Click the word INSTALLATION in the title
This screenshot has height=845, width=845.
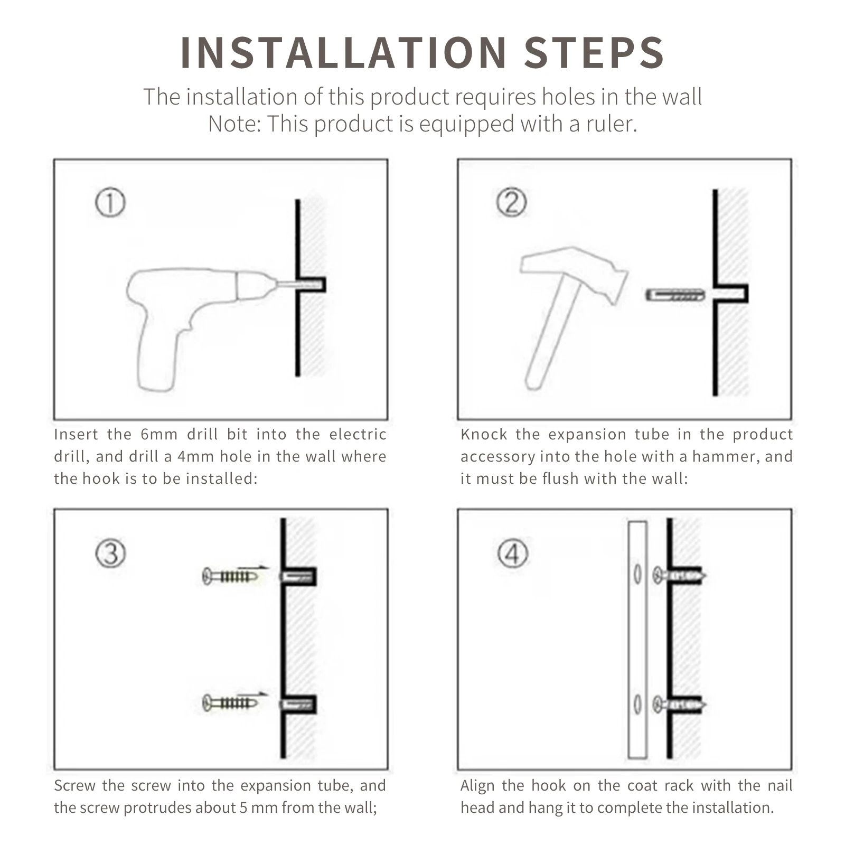point(344,53)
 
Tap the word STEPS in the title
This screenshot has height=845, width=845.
point(594,53)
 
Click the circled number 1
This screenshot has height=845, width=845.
point(110,203)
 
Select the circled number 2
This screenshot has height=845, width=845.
point(512,203)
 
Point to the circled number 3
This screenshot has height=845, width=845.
point(110,554)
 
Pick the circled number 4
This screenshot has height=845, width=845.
point(512,554)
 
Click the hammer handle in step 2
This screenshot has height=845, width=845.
point(549,338)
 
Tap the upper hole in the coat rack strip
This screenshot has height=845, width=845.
point(637,575)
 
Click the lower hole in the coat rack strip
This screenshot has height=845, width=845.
point(637,705)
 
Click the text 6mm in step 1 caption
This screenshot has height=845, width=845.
point(159,435)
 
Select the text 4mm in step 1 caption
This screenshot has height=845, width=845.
point(195,457)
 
